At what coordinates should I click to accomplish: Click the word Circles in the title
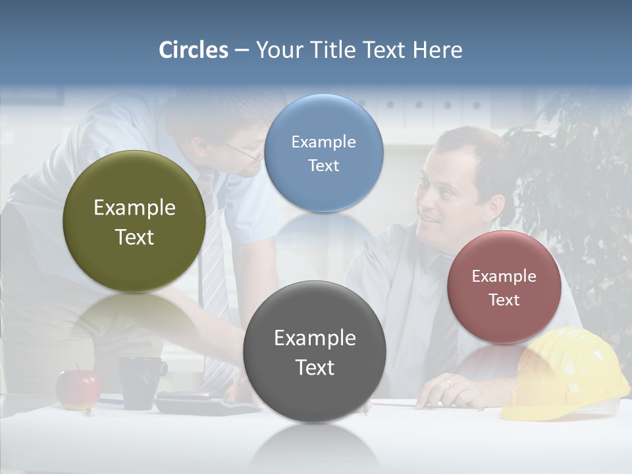point(193,50)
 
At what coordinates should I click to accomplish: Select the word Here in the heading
point(437,50)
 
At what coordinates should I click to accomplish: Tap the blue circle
point(323,153)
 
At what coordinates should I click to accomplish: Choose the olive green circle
point(134,221)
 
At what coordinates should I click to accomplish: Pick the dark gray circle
point(314,351)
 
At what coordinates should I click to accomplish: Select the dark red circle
point(504,287)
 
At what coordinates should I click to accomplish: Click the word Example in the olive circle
point(134,207)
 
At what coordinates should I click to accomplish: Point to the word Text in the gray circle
point(315,367)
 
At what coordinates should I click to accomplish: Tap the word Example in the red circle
point(504,276)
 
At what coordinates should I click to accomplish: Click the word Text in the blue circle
point(323,166)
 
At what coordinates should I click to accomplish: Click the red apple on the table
point(77,389)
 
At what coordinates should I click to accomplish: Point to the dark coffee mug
point(140,382)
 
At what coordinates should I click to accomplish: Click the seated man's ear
point(495,203)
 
